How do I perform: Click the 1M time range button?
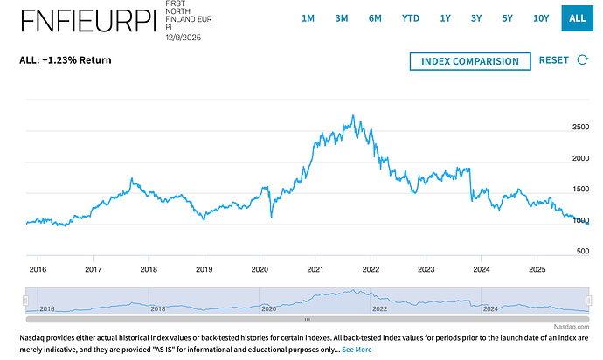point(308,17)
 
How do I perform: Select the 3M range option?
point(342,17)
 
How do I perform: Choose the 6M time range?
point(375,17)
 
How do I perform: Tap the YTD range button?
point(410,17)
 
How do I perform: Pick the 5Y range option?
point(507,17)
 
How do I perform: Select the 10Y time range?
point(542,17)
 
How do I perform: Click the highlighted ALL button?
point(577,17)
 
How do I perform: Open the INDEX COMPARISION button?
point(469,61)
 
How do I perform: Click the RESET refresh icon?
point(584,60)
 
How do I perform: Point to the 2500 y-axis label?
point(580,128)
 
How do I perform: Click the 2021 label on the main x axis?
point(315,270)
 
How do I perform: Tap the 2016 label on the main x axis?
point(38,270)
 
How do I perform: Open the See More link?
point(357,350)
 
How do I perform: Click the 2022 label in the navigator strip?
point(379,308)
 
